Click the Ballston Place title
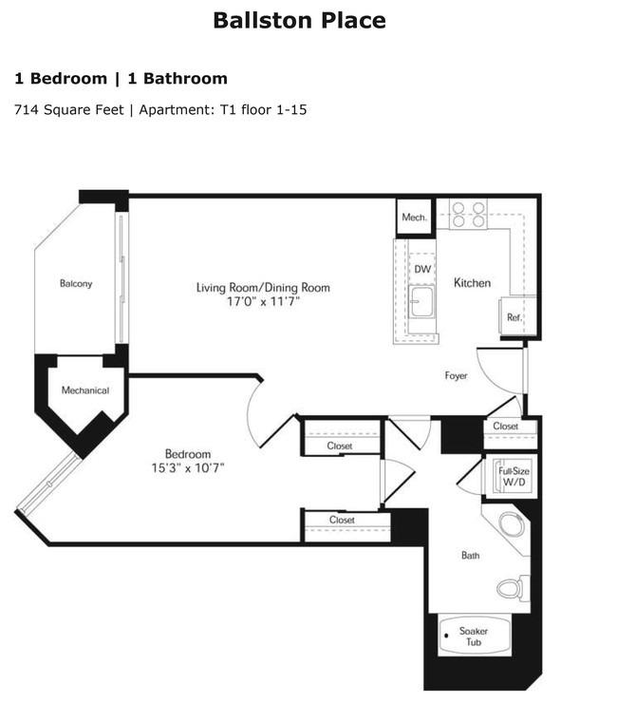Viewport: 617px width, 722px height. [x=299, y=21]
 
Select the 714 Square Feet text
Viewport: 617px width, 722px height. [x=69, y=110]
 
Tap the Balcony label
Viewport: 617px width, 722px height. [x=76, y=284]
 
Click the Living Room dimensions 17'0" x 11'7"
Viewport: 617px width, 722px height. [x=263, y=302]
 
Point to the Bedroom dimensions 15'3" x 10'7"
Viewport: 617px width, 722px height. [x=188, y=468]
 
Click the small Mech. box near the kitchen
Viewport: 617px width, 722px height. [x=415, y=218]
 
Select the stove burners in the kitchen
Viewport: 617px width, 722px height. [x=468, y=215]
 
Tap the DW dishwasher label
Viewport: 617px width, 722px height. [x=422, y=270]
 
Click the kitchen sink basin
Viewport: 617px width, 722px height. [x=421, y=302]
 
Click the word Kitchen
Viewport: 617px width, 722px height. [x=472, y=283]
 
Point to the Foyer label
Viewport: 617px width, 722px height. [x=456, y=376]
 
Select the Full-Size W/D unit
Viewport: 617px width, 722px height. [x=512, y=478]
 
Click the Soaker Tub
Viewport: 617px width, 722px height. [x=475, y=636]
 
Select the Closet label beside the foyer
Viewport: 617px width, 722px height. [x=506, y=427]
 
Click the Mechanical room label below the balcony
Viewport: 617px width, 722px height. [x=85, y=390]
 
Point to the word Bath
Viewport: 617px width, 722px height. [x=470, y=556]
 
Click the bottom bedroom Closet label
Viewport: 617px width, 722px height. [x=342, y=520]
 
